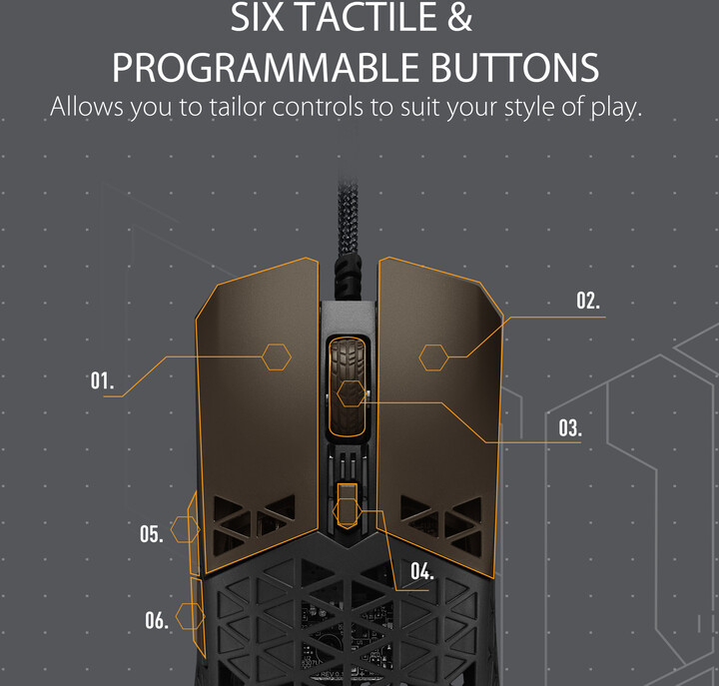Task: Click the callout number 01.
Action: click(102, 380)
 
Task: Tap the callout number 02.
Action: click(588, 301)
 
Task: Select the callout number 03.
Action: click(570, 427)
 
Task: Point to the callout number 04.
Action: click(421, 571)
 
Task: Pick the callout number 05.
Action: click(152, 534)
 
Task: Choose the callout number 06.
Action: click(157, 620)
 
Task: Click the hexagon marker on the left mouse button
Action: click(277, 356)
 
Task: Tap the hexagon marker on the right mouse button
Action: click(433, 357)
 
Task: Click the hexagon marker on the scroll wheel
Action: click(352, 393)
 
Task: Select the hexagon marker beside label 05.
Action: click(186, 529)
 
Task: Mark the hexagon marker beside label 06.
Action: click(191, 616)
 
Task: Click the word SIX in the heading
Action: click(257, 17)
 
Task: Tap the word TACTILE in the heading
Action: click(366, 17)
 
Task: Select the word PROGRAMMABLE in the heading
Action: click(266, 68)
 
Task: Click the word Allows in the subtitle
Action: click(87, 107)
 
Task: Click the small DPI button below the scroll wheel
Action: click(348, 504)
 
